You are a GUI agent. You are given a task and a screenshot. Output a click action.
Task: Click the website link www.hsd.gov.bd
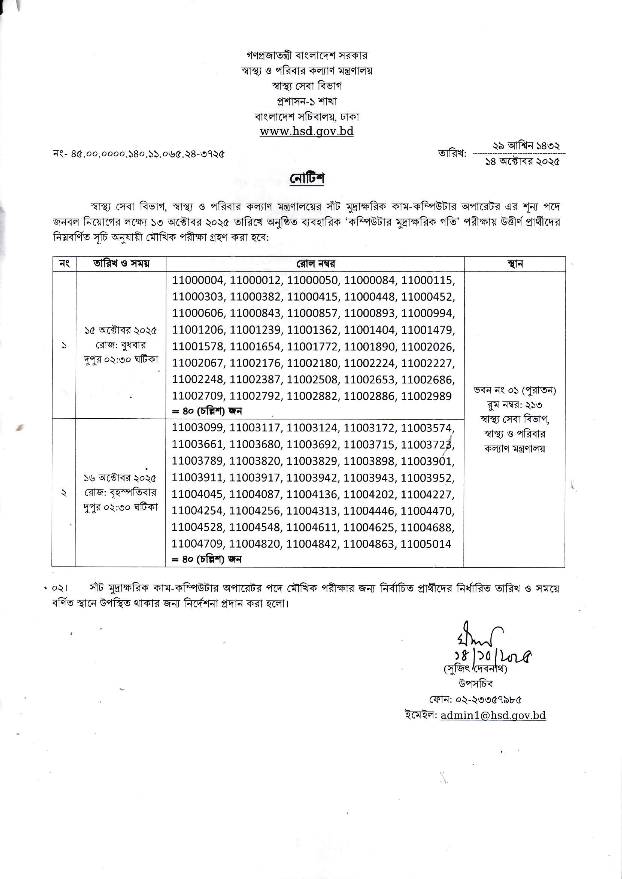(306, 131)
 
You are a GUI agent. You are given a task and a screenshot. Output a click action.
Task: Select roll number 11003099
(198, 428)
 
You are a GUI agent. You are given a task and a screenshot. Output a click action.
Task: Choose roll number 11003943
(369, 478)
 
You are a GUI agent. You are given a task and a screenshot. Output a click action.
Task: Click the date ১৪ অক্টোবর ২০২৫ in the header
(522, 162)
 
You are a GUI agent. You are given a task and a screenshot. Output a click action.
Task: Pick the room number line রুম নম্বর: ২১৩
(514, 405)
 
